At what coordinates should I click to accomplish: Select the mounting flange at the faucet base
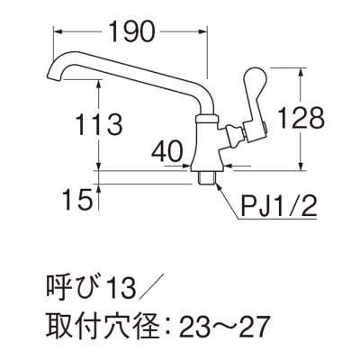(207, 167)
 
